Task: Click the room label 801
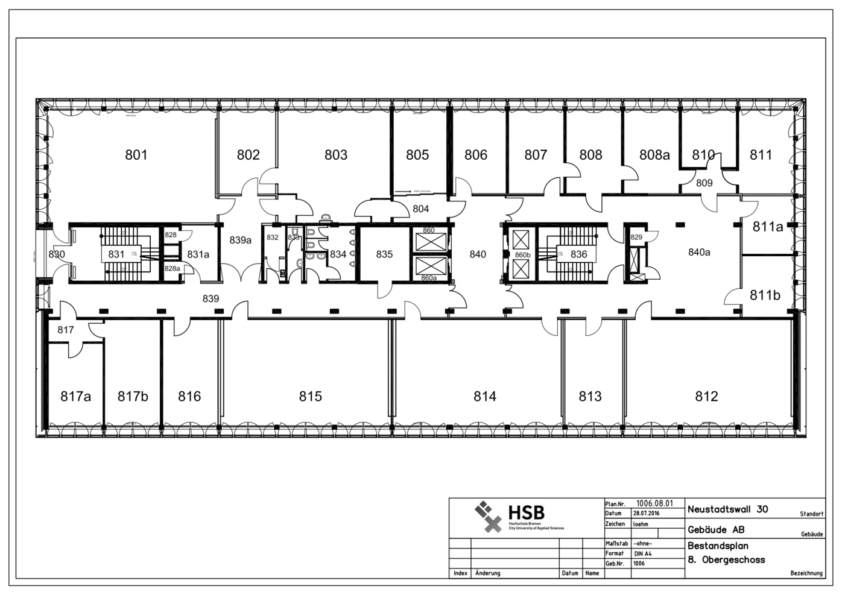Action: click(x=136, y=155)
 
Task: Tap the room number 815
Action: click(x=310, y=396)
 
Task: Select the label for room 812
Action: click(x=706, y=396)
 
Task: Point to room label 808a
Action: click(x=654, y=155)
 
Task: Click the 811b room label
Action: click(x=765, y=295)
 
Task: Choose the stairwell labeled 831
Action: click(x=116, y=254)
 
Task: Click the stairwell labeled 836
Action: click(x=578, y=254)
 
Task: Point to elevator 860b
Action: click(x=522, y=254)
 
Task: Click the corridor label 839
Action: click(x=210, y=298)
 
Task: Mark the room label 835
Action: click(x=384, y=254)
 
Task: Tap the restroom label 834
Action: click(x=338, y=254)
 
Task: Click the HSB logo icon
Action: click(x=489, y=517)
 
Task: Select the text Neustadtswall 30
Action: click(x=727, y=509)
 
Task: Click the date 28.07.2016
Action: click(x=646, y=514)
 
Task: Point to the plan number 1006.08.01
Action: click(x=654, y=503)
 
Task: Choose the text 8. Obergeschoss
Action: click(x=726, y=560)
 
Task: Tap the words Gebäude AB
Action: click(x=716, y=530)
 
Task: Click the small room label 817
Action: click(x=66, y=330)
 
